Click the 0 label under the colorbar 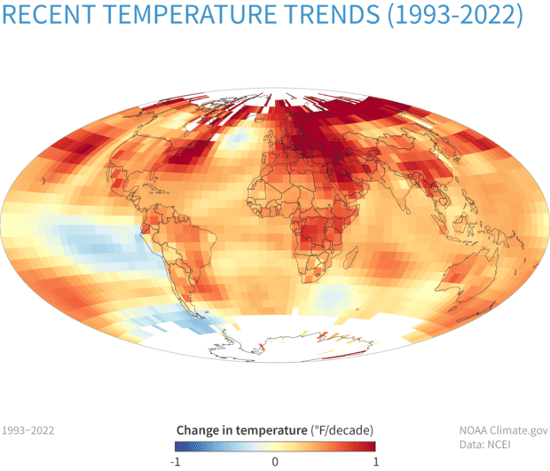pos(275,461)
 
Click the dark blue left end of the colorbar pos(178,445)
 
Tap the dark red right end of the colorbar pos(372,445)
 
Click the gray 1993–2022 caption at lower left pos(28,430)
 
